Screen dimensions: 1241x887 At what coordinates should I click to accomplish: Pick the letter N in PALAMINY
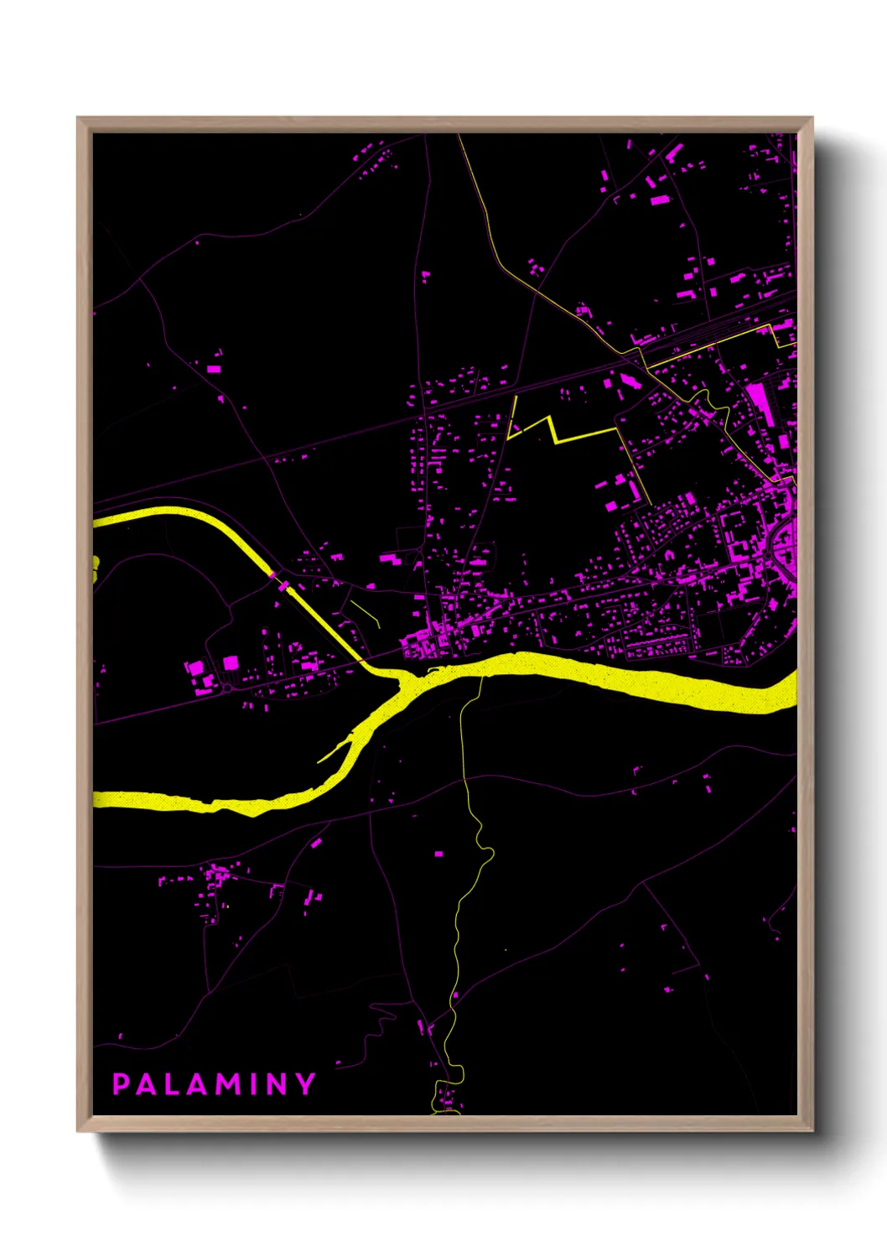click(x=277, y=1084)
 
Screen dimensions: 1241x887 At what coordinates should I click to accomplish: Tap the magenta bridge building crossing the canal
click(x=283, y=584)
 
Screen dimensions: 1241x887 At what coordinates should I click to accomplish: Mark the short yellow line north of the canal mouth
click(x=366, y=613)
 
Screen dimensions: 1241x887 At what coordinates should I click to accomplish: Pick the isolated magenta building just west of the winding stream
click(x=438, y=854)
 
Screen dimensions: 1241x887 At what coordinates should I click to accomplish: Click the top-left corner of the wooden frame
click(x=79, y=119)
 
